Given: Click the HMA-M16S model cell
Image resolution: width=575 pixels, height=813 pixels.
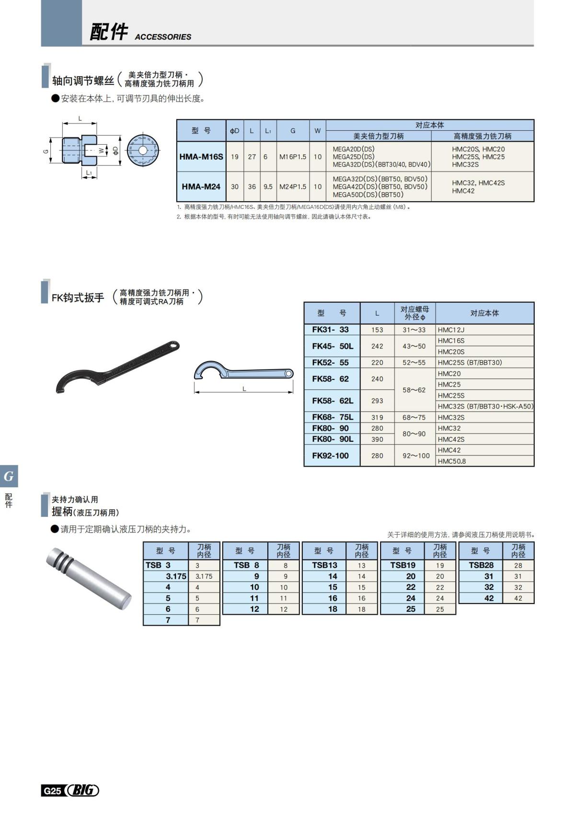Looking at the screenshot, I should (201, 157).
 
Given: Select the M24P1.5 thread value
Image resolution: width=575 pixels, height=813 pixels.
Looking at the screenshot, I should (293, 187).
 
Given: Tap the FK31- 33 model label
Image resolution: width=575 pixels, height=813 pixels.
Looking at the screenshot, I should (330, 330).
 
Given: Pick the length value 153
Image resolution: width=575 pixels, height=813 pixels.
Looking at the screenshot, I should (377, 330).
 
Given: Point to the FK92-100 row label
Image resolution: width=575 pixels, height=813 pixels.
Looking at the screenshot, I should (330, 456).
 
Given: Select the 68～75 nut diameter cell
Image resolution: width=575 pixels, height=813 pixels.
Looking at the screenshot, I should (414, 417).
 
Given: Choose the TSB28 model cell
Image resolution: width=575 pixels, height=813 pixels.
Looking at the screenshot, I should (481, 565).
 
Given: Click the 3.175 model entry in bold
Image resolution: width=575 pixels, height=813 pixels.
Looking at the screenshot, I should (176, 576).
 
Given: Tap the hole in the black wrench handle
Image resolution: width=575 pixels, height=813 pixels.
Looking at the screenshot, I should (171, 344).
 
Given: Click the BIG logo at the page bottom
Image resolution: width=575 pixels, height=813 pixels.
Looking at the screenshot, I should (82, 790).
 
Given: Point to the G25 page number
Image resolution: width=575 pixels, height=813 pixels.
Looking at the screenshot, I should (52, 791).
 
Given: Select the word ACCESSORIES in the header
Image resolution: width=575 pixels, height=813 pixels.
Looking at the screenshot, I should (163, 37).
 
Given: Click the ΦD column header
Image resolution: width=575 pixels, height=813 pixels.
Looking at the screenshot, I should (234, 131).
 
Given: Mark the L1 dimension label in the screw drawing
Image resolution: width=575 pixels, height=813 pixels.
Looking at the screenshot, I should (89, 173).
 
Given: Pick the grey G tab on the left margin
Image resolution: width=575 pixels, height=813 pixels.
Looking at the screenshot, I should (9, 476).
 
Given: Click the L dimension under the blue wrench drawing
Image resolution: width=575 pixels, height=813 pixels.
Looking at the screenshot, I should (244, 389).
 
